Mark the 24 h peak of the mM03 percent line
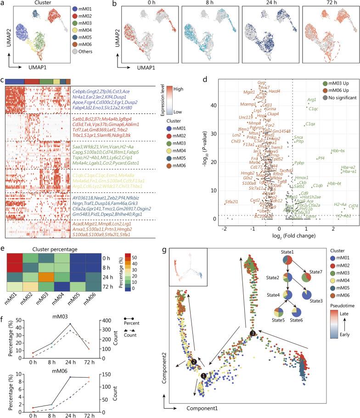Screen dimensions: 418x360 57,324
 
